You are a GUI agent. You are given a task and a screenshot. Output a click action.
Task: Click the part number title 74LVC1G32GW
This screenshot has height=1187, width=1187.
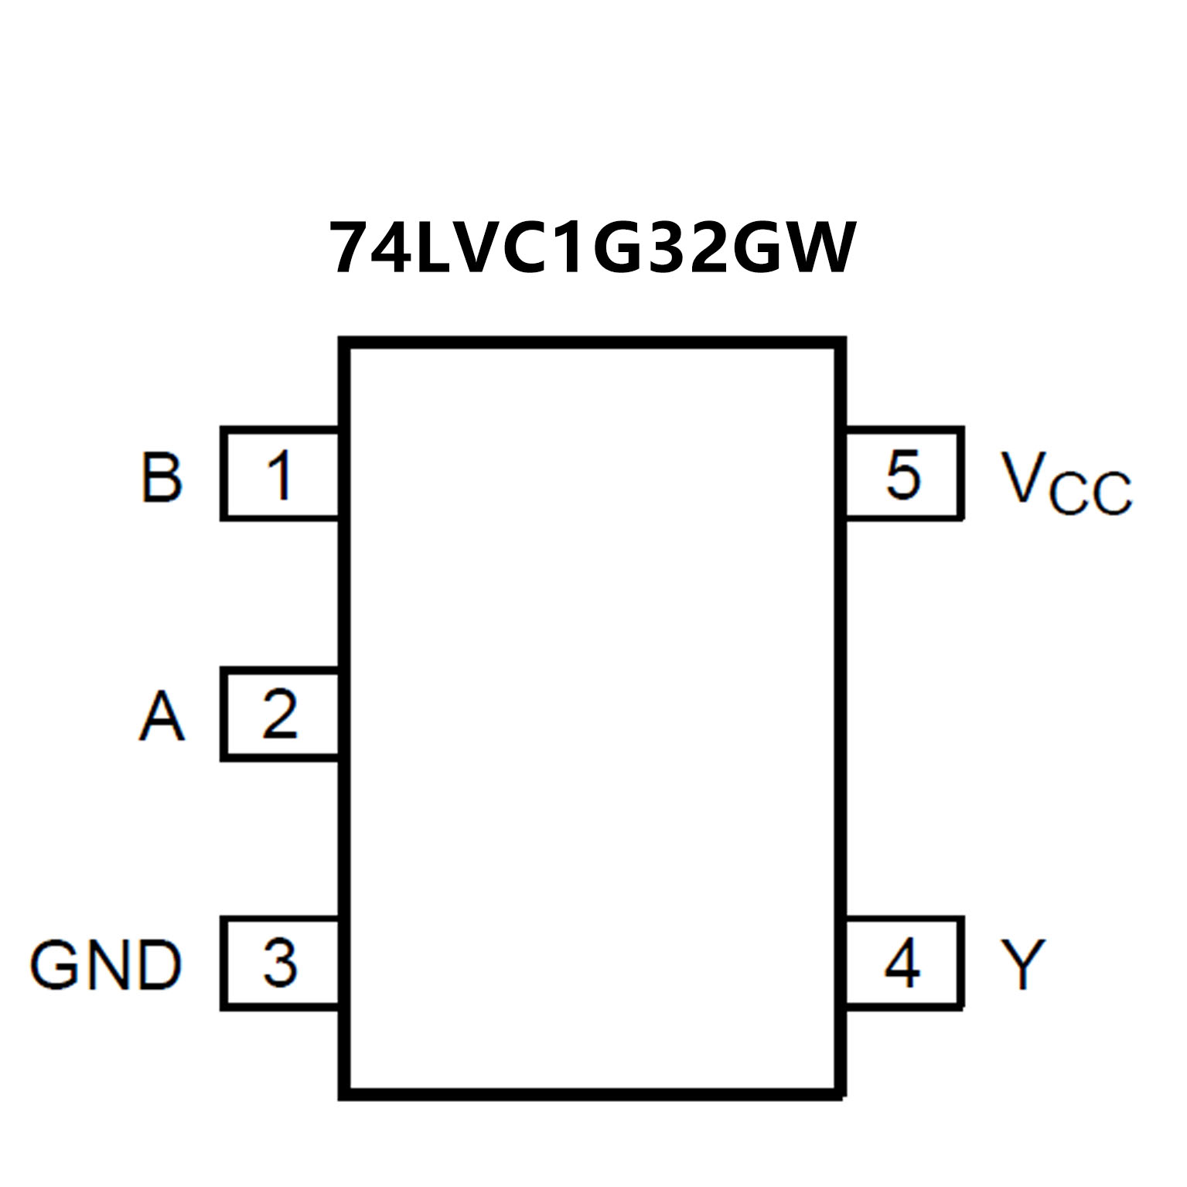(x=593, y=247)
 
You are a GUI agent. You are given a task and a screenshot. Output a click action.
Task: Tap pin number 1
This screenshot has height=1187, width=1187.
(x=279, y=474)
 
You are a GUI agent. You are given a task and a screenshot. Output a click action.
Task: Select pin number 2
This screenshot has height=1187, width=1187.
(x=279, y=715)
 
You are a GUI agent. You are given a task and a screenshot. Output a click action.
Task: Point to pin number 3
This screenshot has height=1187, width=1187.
(x=279, y=963)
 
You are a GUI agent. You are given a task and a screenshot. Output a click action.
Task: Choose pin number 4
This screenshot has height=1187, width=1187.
(x=902, y=963)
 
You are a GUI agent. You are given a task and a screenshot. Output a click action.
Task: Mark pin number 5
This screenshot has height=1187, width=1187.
(x=903, y=474)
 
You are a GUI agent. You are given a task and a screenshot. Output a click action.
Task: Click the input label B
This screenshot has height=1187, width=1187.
(x=162, y=476)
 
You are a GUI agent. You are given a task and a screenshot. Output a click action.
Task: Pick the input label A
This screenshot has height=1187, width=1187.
(x=162, y=716)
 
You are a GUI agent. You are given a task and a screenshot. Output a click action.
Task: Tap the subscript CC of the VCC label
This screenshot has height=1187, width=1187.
(x=1090, y=493)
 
